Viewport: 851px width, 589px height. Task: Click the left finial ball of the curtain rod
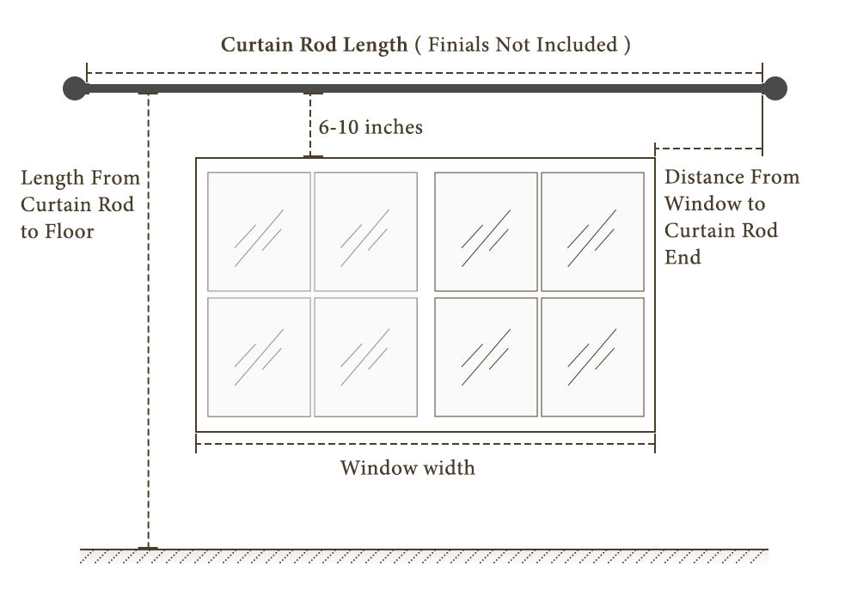75,88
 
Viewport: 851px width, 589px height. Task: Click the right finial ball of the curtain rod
775,88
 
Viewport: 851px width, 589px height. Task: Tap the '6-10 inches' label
370,127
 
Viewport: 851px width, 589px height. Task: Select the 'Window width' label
407,468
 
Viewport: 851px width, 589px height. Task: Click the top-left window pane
259,231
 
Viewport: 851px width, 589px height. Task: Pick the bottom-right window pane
592,356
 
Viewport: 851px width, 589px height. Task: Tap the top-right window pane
592,231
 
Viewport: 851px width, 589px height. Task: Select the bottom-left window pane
259,356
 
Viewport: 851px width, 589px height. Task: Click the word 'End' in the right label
683,257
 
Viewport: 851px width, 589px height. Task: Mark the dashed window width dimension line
425,445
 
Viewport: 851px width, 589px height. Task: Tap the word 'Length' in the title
375,45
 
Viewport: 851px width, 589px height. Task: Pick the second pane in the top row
365,231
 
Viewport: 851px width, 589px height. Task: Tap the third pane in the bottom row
486,356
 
